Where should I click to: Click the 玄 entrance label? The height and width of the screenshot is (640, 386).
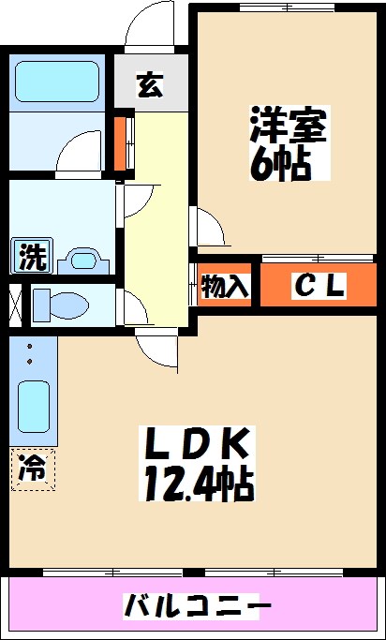click(150, 85)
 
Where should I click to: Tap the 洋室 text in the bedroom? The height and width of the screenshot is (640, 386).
click(288, 127)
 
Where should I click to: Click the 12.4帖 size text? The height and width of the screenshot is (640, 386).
click(198, 484)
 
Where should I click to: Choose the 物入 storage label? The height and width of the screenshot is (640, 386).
click(226, 287)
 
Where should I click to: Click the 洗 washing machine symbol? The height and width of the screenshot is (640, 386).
click(33, 256)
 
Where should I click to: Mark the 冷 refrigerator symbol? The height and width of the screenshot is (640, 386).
click(33, 468)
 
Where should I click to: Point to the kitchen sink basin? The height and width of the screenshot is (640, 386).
click(34, 407)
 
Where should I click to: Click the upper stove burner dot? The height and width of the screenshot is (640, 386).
click(29, 347)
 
